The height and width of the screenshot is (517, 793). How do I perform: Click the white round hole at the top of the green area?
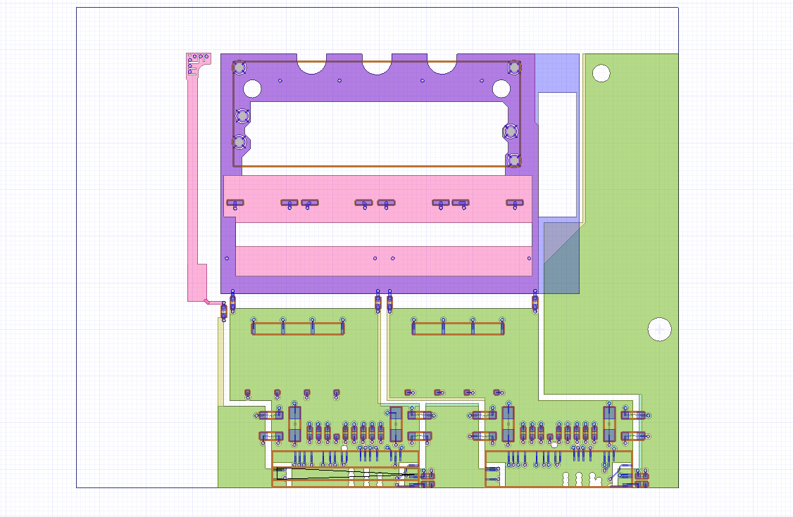pos(601,72)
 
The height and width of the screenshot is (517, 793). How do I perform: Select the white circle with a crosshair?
pos(659,328)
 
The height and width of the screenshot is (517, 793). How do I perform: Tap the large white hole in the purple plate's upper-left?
pos(252,89)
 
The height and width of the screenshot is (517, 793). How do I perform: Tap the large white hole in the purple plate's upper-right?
pos(501,89)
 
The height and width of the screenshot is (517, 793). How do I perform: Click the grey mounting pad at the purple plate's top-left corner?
pos(239,68)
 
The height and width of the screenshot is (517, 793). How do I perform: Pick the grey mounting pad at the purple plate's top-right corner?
pos(514,68)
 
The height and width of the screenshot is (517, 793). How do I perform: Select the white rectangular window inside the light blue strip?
pos(557,154)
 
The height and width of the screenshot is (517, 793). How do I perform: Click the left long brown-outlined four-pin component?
pos(298,328)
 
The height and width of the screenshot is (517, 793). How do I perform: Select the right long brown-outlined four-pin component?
pos(458,328)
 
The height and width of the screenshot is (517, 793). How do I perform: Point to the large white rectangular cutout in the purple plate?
pos(377,134)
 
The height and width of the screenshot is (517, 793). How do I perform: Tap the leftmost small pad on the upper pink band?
pos(235,203)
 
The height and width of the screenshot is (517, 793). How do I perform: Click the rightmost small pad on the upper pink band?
pos(514,203)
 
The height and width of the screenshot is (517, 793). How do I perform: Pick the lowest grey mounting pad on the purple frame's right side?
pos(513,160)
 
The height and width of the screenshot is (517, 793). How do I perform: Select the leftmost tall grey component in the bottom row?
pos(294,423)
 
